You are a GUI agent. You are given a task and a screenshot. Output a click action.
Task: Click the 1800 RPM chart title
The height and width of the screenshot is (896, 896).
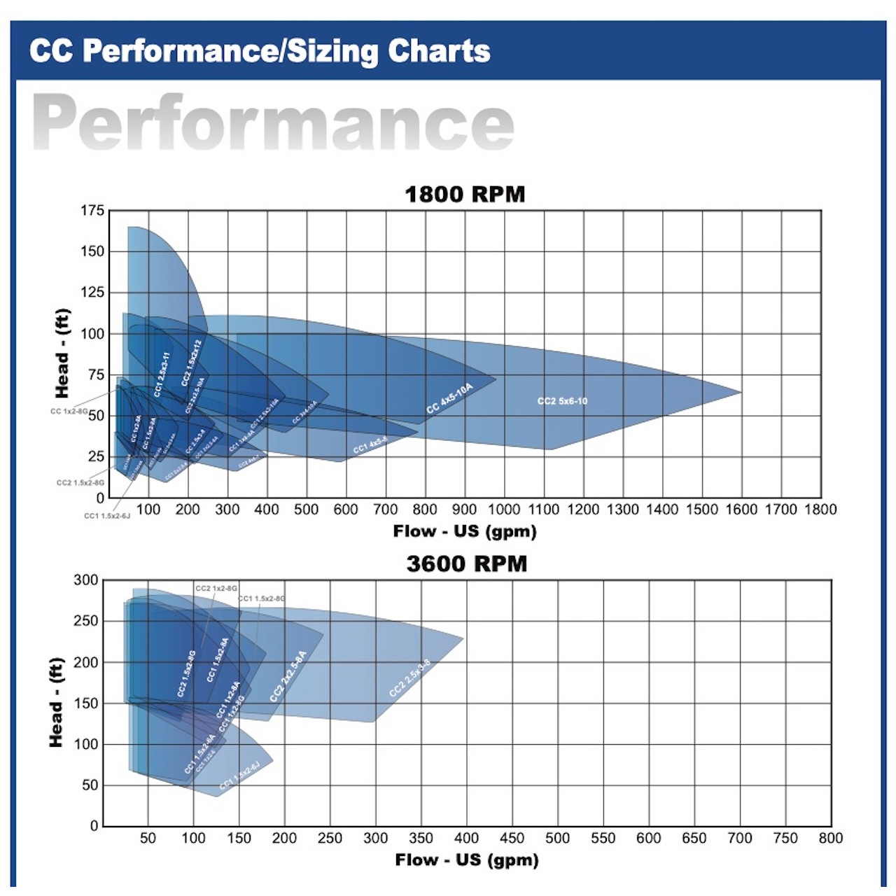coord(465,194)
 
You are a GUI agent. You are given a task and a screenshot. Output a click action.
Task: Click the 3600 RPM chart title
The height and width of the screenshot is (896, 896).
coord(466,563)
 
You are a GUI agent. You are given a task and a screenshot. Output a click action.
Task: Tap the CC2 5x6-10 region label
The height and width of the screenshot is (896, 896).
coord(562,401)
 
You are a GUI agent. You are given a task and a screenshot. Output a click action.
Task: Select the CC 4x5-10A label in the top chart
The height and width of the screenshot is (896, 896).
coord(450,398)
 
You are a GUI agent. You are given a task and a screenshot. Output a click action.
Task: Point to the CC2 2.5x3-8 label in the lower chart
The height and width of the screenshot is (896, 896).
coord(410,678)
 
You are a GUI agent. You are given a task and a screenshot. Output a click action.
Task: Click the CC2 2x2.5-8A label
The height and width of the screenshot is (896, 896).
coord(288,676)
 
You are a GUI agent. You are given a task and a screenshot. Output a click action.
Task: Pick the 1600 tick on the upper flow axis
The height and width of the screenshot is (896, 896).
coord(741,510)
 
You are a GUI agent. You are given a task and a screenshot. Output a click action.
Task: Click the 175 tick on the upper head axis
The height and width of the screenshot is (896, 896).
coord(92,211)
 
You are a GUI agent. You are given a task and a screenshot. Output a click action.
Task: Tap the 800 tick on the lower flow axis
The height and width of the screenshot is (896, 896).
coord(830,838)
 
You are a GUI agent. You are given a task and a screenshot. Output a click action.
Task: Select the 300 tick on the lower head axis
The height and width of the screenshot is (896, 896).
coord(86,580)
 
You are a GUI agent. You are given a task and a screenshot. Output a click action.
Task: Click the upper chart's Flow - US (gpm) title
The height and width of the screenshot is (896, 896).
coord(465,531)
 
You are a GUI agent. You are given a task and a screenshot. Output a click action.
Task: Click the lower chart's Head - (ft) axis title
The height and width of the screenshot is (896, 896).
coord(57,702)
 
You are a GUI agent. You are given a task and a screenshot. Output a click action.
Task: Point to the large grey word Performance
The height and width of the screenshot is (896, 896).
coord(273,123)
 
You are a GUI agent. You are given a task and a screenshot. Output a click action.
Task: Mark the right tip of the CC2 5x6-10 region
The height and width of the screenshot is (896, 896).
coord(741,392)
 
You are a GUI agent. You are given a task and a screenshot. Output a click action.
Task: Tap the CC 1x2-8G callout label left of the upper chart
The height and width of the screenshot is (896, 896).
coord(69,412)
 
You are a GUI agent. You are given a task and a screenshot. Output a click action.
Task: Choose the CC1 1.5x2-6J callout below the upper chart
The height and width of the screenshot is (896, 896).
coord(107,516)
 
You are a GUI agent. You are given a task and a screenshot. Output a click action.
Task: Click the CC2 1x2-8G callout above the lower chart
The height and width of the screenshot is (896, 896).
coord(216,589)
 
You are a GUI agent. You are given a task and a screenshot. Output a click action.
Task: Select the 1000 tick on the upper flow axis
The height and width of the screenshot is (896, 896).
coord(504,510)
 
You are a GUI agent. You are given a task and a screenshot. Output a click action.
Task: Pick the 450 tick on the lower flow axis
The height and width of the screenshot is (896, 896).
coord(512,838)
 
